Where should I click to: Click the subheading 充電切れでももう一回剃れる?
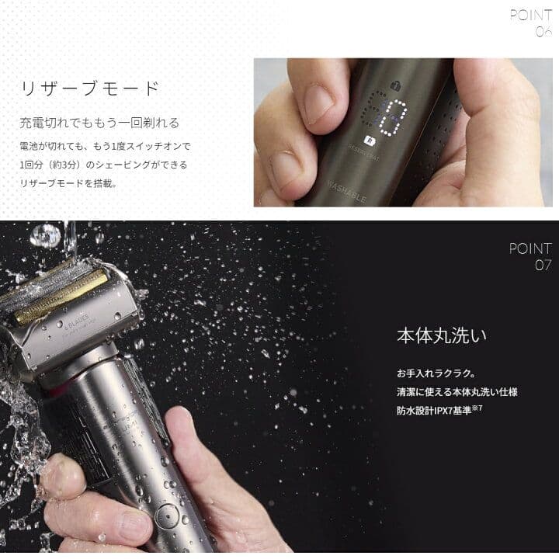pyautogui.click(x=99, y=123)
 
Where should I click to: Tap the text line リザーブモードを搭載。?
pyautogui.click(x=68, y=184)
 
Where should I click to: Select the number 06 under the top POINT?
pyautogui.click(x=543, y=32)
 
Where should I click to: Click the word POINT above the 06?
pyautogui.click(x=531, y=15)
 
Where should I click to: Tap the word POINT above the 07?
pyautogui.click(x=530, y=248)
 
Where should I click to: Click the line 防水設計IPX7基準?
pyautogui.click(x=439, y=411)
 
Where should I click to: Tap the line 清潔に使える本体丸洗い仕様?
pyautogui.click(x=457, y=392)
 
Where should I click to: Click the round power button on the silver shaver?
pyautogui.click(x=165, y=513)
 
